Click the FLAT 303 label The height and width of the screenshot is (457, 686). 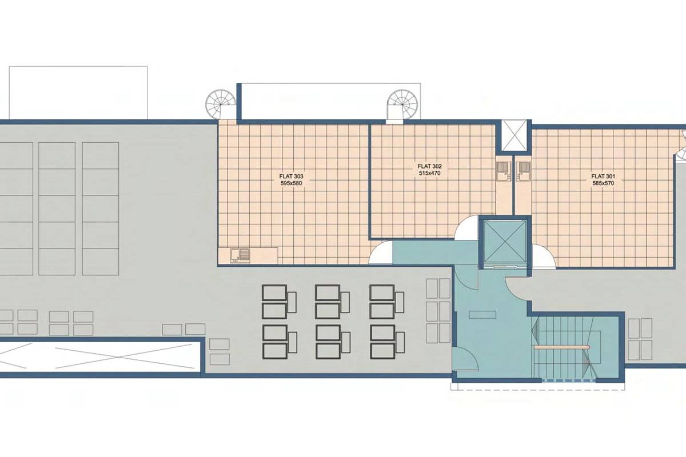pyautogui.click(x=291, y=177)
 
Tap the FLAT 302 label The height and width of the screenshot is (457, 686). pyautogui.click(x=430, y=166)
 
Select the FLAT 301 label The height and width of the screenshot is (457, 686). pyautogui.click(x=603, y=177)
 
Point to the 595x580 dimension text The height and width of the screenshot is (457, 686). pyautogui.click(x=291, y=183)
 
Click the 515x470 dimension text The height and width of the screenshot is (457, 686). pyautogui.click(x=430, y=173)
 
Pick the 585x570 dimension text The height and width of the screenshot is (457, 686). pyautogui.click(x=603, y=183)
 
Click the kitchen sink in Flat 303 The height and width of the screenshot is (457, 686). pyautogui.click(x=240, y=255)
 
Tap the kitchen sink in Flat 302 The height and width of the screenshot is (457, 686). pyautogui.click(x=503, y=171)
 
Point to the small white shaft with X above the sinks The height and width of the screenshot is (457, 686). pyautogui.click(x=514, y=135)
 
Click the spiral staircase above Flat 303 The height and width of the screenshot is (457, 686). pyautogui.click(x=221, y=104)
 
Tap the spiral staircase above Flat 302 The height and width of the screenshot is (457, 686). pyautogui.click(x=402, y=104)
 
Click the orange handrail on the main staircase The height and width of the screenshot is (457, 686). pyautogui.click(x=561, y=347)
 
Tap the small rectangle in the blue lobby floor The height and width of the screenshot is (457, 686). pyautogui.click(x=482, y=314)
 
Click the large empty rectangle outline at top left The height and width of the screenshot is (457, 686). pyautogui.click(x=78, y=93)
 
